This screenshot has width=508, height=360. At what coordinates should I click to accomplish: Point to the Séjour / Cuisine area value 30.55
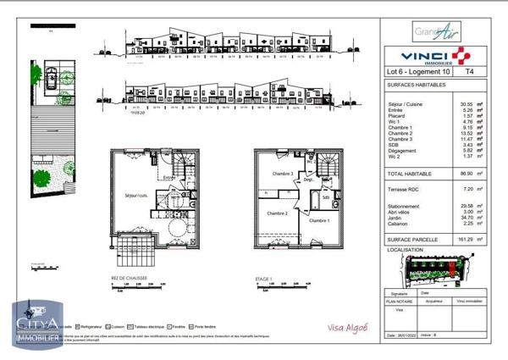click(x=464, y=103)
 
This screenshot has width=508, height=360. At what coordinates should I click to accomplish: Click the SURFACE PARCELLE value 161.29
click(x=462, y=240)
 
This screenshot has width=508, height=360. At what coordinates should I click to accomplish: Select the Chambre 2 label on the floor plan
click(x=274, y=213)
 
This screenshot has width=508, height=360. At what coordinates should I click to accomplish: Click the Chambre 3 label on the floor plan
click(x=282, y=174)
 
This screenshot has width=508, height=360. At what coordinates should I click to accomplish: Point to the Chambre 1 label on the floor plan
click(x=317, y=220)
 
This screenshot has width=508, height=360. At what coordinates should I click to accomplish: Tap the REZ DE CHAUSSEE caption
click(x=126, y=277)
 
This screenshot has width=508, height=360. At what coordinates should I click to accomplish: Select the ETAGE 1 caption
click(x=263, y=277)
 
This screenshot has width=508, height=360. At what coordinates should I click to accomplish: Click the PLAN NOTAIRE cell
click(x=401, y=299)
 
